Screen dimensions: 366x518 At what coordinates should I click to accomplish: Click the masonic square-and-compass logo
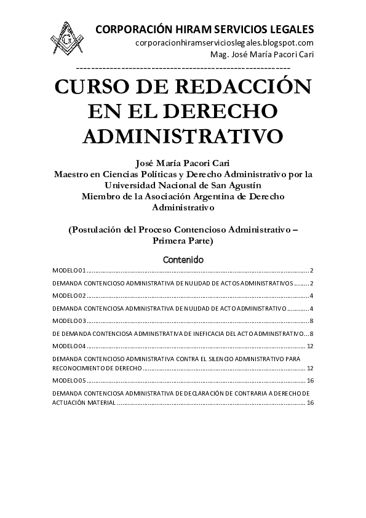pos(68,39)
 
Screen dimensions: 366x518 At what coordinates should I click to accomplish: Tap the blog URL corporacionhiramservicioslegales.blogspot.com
pos(225,42)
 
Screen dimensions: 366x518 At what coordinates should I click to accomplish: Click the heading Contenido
pos(183,260)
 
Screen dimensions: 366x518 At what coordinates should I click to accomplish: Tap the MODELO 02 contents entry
pos(68,296)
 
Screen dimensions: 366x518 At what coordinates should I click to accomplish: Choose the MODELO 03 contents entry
pos(68,321)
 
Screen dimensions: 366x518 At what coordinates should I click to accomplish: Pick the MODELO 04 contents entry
pos(68,346)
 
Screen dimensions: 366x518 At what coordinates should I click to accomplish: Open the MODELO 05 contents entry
pos(68,381)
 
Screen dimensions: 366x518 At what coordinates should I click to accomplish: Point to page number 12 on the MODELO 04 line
pos(311,346)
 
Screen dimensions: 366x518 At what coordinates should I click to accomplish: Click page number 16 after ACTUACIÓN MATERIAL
pos(311,402)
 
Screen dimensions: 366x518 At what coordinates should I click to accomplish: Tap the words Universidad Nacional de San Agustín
pos(183,185)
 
